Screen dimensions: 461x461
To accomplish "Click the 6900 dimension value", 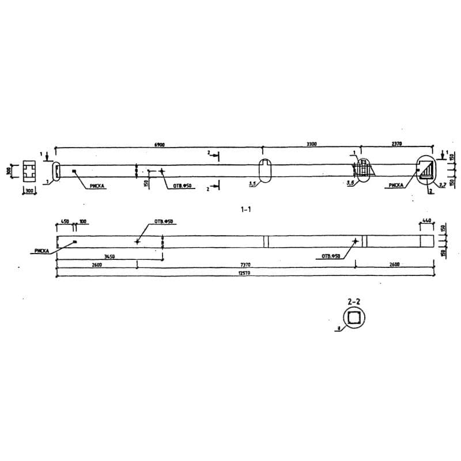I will pyautogui.click(x=160, y=145).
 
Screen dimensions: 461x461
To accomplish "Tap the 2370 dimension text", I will pyautogui.click(x=396, y=145).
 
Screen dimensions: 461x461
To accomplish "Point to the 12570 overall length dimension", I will pyautogui.click(x=244, y=274).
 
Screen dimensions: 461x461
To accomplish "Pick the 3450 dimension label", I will pyautogui.click(x=109, y=258).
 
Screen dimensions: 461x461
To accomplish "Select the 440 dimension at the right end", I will pyautogui.click(x=427, y=221).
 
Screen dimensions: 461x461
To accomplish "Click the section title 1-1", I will pyautogui.click(x=246, y=210).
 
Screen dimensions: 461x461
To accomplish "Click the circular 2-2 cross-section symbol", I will pyautogui.click(x=354, y=318).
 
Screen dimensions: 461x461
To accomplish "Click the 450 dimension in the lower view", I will pyautogui.click(x=65, y=221).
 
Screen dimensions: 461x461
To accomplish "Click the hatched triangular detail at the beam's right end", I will pyautogui.click(x=426, y=172).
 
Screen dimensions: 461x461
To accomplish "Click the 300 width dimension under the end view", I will pyautogui.click(x=28, y=190).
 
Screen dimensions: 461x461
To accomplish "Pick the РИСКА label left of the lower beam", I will pyautogui.click(x=42, y=251).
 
